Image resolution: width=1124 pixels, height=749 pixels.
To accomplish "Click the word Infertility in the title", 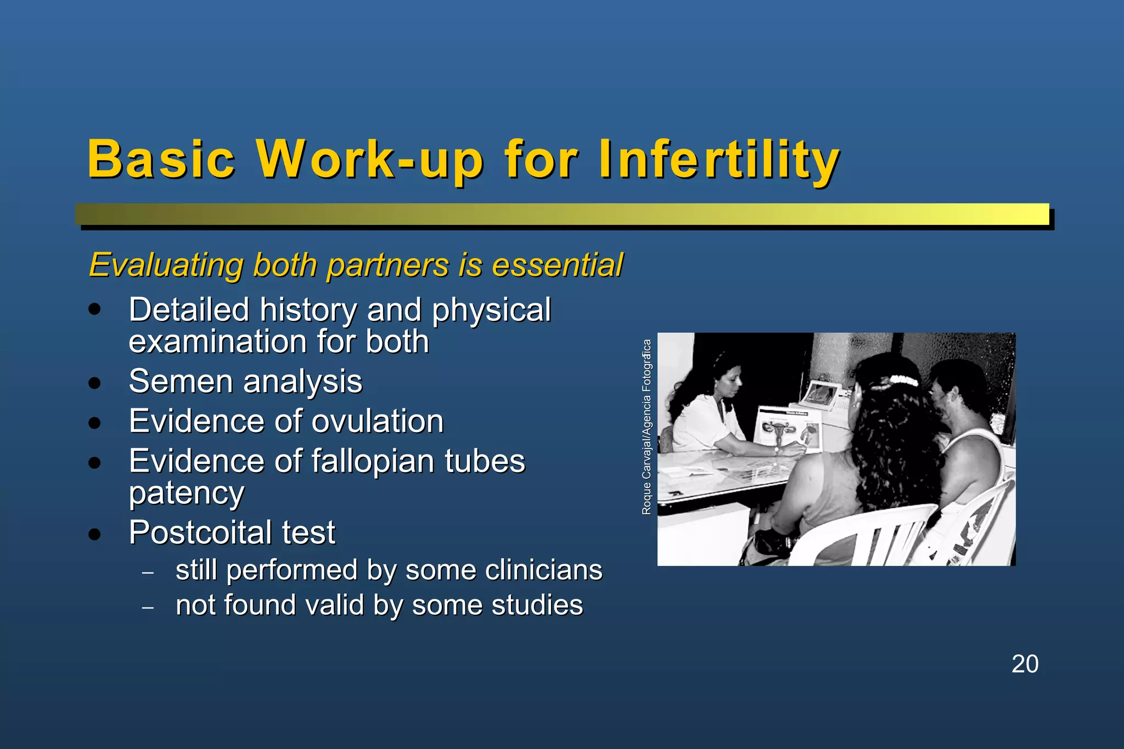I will click(719, 160).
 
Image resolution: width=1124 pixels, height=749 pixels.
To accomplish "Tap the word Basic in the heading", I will click(161, 160).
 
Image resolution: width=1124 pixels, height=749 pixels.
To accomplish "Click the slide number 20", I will click(1025, 664).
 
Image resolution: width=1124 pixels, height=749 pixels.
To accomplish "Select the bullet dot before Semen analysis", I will click(95, 383).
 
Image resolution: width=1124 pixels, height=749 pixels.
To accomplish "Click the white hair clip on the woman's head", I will click(902, 380).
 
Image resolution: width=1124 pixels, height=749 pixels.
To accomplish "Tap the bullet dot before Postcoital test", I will click(95, 534).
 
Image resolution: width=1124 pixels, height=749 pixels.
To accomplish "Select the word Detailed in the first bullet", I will click(189, 310).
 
